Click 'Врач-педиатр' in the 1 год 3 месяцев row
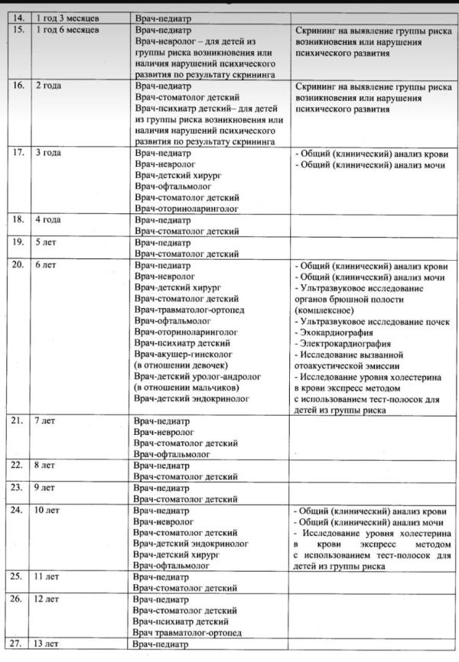[161, 17]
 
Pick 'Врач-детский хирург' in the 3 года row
[177, 175]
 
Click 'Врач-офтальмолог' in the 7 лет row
[172, 454]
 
